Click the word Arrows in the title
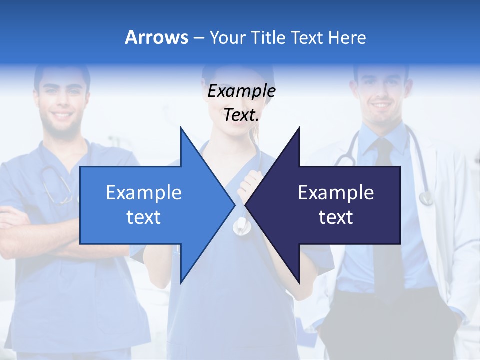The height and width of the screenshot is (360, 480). click(156, 37)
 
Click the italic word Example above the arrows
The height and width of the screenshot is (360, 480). click(241, 91)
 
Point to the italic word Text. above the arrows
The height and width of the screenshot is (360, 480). click(241, 115)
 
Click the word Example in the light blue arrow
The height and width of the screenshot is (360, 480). click(144, 192)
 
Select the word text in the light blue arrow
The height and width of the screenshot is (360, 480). click(144, 217)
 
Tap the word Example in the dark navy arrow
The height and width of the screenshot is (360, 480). click(336, 192)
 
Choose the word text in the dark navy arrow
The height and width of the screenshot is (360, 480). click(336, 217)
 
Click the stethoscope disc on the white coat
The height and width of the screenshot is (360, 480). click(426, 198)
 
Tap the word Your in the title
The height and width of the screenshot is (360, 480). click(228, 37)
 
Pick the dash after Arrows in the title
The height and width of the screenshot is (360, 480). click(198, 38)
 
